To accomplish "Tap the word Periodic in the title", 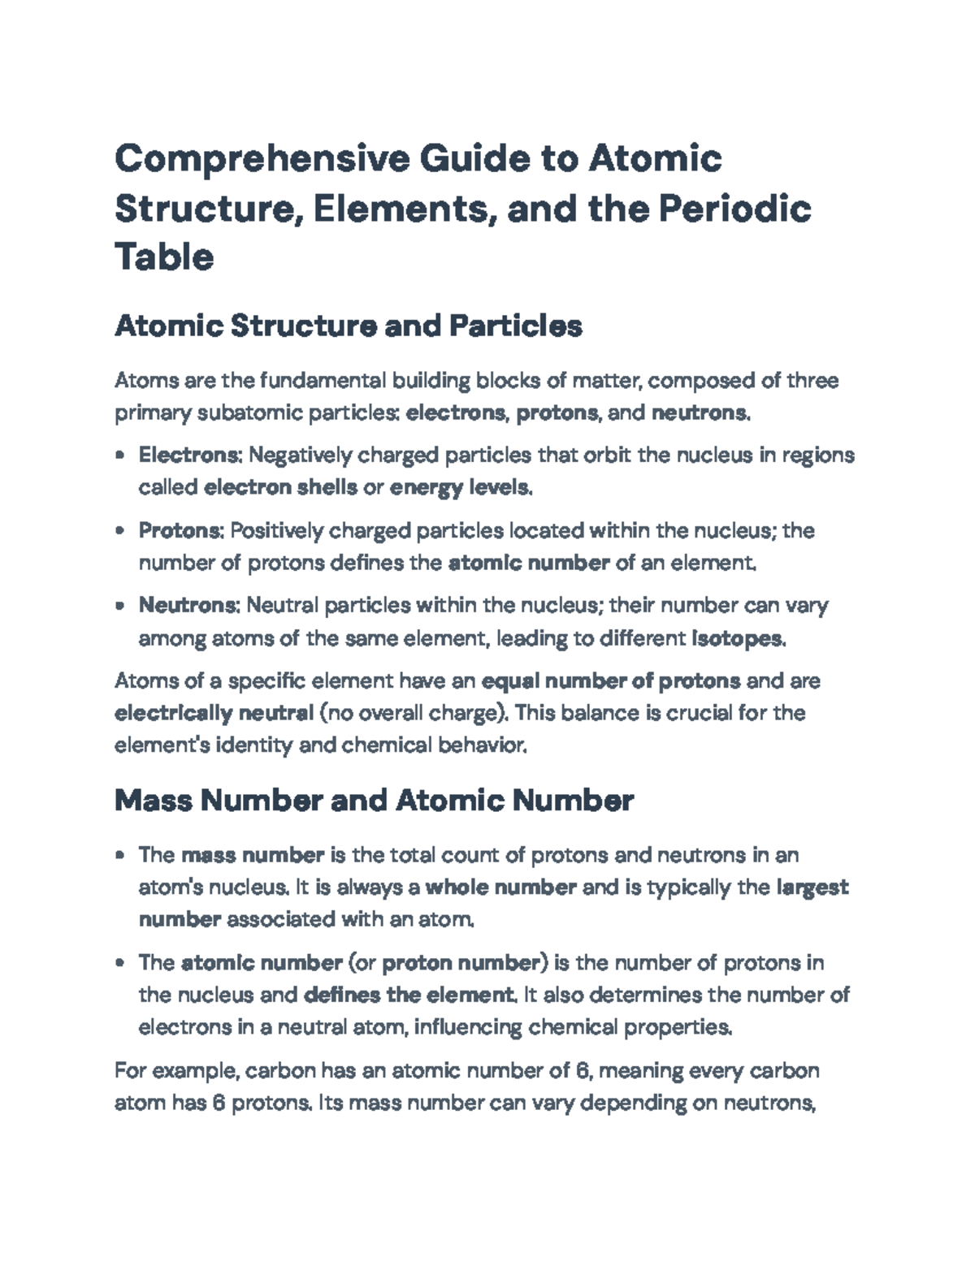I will pyautogui.click(x=734, y=208).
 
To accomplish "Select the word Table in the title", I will pyautogui.click(x=164, y=257).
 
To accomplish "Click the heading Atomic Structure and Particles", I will pyautogui.click(x=349, y=326).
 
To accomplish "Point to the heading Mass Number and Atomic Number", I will pyautogui.click(x=374, y=801).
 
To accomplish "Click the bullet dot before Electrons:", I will pyautogui.click(x=120, y=456).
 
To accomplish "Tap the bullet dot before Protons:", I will pyautogui.click(x=120, y=531).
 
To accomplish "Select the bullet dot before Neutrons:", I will pyautogui.click(x=120, y=606).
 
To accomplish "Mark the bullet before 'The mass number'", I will pyautogui.click(x=120, y=855).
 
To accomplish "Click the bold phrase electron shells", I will pyautogui.click(x=280, y=488).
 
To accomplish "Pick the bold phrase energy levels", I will pyautogui.click(x=460, y=488).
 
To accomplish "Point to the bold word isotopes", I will pyautogui.click(x=737, y=639).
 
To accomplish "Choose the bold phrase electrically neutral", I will pyautogui.click(x=214, y=714).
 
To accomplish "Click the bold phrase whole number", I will pyautogui.click(x=500, y=887).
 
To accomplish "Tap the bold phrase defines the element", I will pyautogui.click(x=409, y=995).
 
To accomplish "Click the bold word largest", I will pyautogui.click(x=812, y=887).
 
